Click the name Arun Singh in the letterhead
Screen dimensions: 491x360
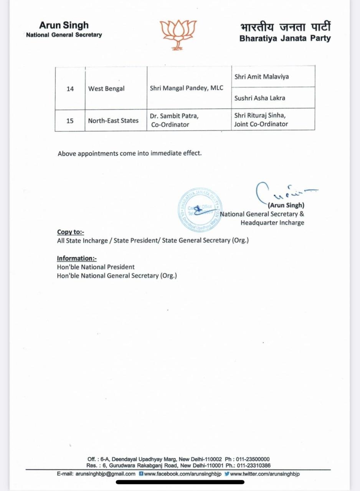[x=64, y=25]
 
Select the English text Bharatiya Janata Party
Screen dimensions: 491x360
[x=285, y=39]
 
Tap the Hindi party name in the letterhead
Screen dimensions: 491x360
[x=285, y=27]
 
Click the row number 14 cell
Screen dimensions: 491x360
[x=70, y=89]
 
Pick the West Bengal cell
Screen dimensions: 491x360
[x=106, y=89]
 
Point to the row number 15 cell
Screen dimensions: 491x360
[x=70, y=120]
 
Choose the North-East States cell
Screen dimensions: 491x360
[x=113, y=120]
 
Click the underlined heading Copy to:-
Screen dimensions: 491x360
[x=71, y=232]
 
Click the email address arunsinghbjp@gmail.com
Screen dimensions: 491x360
[x=105, y=474]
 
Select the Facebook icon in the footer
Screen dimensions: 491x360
[x=141, y=474]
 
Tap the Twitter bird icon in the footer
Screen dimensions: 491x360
[x=227, y=474]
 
